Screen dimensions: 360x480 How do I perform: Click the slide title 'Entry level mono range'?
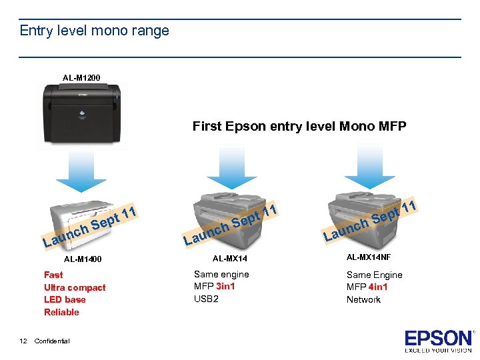pyautogui.click(x=94, y=31)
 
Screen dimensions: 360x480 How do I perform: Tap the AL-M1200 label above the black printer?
pyautogui.click(x=81, y=78)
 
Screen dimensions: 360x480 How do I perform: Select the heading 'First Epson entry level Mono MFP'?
pyautogui.click(x=299, y=126)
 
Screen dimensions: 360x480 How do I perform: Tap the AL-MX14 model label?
pyautogui.click(x=229, y=257)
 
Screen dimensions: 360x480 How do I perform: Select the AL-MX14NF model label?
pyautogui.click(x=369, y=257)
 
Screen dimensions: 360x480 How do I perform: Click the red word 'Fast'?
pyautogui.click(x=53, y=275)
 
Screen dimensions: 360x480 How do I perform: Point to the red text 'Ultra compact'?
pyautogui.click(x=75, y=287)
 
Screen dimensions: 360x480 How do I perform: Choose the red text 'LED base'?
pyautogui.click(x=65, y=299)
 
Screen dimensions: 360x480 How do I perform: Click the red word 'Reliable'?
pyautogui.click(x=61, y=312)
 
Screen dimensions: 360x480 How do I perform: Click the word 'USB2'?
pyautogui.click(x=206, y=299)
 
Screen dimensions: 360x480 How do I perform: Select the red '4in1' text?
pyautogui.click(x=379, y=287)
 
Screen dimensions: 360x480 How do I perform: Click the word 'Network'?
pyautogui.click(x=363, y=299)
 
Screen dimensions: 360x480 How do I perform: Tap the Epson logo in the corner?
pyautogui.click(x=437, y=341)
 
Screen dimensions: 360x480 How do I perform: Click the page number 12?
pyautogui.click(x=23, y=341)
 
